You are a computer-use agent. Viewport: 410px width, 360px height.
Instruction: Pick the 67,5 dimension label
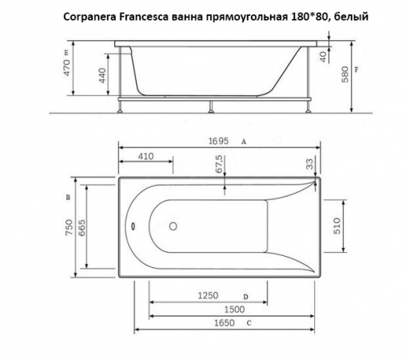[x=219, y=166]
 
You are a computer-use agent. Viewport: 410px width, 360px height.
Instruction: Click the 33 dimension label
[x=309, y=164]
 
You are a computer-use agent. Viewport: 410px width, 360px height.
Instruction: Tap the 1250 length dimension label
[x=207, y=296]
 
